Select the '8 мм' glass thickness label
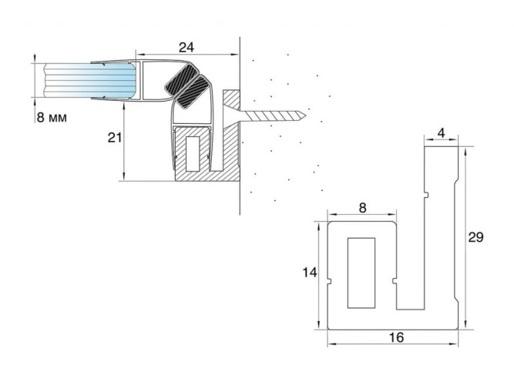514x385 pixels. pos(51,118)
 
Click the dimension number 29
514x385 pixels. pos(476,237)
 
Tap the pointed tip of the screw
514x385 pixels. pos(306,116)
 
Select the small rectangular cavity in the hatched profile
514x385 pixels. pos(191,152)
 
